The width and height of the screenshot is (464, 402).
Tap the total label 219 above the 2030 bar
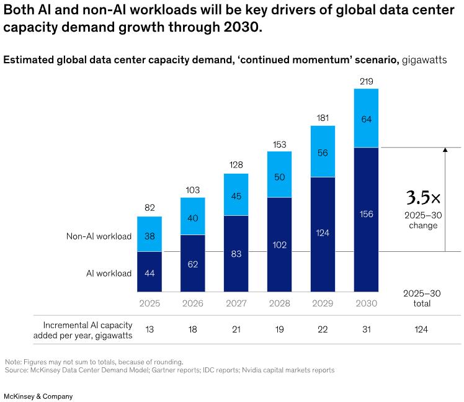point(366,81)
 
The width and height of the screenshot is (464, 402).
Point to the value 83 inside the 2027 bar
point(236,254)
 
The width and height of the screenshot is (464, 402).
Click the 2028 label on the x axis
point(279,303)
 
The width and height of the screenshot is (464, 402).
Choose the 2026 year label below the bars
point(192,303)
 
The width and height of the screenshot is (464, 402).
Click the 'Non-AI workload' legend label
point(99,236)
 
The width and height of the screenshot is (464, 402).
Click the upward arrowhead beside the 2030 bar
point(445,150)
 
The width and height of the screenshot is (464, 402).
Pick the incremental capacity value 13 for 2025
point(149,329)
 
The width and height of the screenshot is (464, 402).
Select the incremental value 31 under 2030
point(366,329)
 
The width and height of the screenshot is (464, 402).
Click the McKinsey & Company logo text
point(38,396)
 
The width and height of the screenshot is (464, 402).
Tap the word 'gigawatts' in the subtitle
point(424,60)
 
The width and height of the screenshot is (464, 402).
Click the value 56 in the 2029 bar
point(323,153)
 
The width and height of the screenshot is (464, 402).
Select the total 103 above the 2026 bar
point(192,189)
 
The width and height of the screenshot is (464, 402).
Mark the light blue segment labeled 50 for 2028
point(279,177)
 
